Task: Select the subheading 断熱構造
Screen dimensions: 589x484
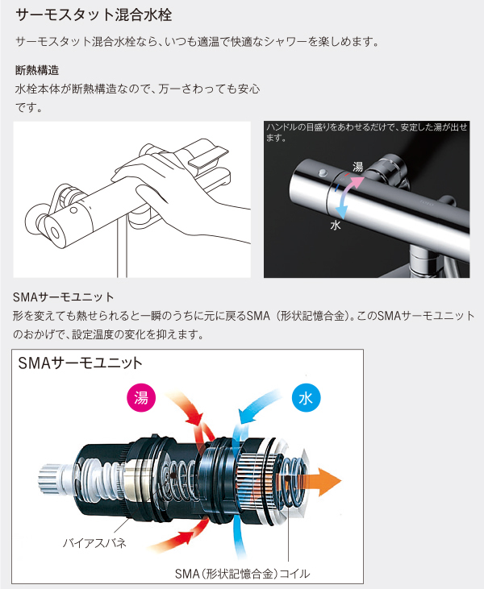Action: click(x=37, y=71)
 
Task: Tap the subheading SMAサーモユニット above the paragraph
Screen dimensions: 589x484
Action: click(x=65, y=297)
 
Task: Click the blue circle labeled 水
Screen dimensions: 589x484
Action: click(x=305, y=398)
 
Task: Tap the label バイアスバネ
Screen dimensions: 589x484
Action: click(x=94, y=542)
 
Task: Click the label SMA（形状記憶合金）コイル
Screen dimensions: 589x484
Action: click(x=242, y=574)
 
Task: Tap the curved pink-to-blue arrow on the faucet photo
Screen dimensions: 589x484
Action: click(x=343, y=193)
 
